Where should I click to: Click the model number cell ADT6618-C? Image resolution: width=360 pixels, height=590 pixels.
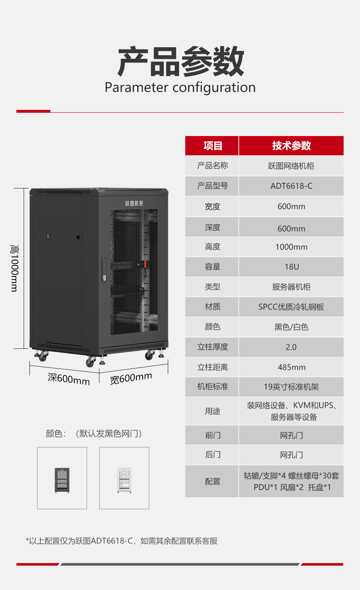(291, 186)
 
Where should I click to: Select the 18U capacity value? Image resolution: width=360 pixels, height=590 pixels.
(292, 267)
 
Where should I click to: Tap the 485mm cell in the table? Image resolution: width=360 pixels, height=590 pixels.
(292, 367)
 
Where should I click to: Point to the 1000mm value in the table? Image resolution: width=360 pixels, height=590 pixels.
(291, 247)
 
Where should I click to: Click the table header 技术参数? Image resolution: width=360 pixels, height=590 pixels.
(291, 145)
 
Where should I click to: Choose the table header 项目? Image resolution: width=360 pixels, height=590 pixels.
(213, 145)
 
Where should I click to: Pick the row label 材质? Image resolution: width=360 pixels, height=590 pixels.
(213, 307)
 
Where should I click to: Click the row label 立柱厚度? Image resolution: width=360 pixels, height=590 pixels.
(213, 347)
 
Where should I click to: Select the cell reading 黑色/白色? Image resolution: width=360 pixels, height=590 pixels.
(291, 327)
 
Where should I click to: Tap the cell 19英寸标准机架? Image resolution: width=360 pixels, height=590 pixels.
(291, 387)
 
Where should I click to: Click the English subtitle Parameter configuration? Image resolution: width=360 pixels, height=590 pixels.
(180, 87)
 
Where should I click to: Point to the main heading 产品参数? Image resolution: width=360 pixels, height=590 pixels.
(181, 61)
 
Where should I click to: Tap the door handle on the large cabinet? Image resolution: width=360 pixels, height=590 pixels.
(104, 270)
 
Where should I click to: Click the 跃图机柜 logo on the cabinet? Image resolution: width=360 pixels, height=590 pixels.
(134, 203)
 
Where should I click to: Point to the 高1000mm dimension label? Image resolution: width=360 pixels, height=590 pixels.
(14, 268)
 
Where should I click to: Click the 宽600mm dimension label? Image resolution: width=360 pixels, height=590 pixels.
(131, 378)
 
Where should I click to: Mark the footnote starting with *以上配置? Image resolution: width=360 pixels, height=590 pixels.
(122, 541)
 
